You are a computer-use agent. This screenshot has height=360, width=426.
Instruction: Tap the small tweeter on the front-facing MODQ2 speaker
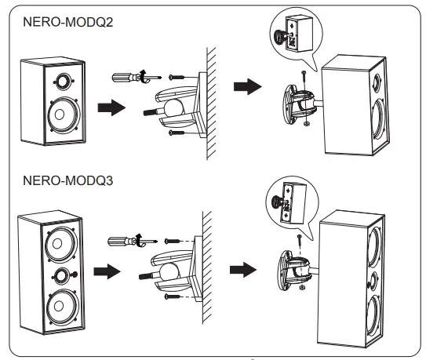[x=60, y=81]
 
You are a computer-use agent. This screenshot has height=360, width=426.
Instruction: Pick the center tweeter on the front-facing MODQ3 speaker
[x=61, y=275]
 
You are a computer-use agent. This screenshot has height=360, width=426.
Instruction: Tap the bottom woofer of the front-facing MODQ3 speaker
[x=61, y=307]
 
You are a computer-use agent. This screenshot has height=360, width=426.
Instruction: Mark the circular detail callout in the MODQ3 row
[x=287, y=201]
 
